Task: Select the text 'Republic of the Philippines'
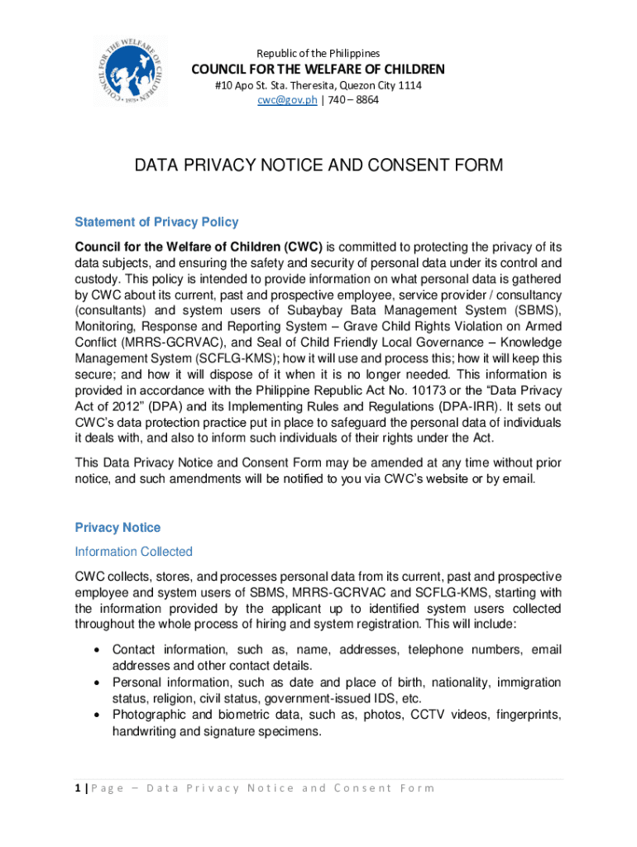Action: [x=318, y=53]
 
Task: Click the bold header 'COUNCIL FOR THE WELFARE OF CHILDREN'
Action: [x=318, y=69]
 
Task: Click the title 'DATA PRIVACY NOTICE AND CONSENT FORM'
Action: [x=318, y=167]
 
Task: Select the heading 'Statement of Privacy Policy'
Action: [x=156, y=222]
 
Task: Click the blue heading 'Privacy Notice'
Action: [x=117, y=528]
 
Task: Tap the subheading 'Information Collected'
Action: [x=133, y=552]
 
